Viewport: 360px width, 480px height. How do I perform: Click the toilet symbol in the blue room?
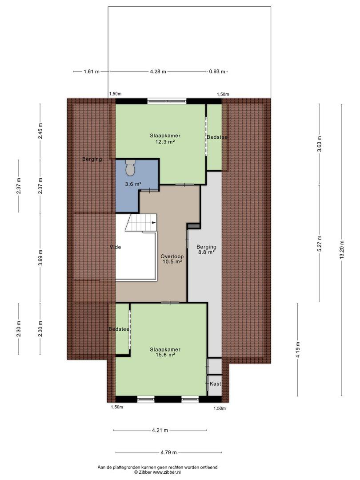[x=130, y=168]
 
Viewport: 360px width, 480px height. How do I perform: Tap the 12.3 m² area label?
[x=165, y=141]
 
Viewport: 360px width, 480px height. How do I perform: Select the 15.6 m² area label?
[x=165, y=355]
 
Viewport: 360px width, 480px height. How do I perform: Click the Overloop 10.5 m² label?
[x=172, y=259]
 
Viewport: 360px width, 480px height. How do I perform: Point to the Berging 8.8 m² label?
[x=206, y=249]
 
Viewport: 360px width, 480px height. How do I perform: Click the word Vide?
[x=116, y=247]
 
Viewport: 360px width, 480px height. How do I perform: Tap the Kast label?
[x=216, y=384]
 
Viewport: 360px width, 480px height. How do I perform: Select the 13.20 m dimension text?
[x=342, y=250]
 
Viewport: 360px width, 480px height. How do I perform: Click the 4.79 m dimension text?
[x=169, y=452]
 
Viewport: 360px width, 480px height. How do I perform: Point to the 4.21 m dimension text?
[x=160, y=430]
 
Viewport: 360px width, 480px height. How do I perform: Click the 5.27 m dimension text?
[x=320, y=244]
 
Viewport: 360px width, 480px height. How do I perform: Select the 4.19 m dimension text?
[x=298, y=349]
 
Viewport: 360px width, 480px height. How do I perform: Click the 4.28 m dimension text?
[x=158, y=72]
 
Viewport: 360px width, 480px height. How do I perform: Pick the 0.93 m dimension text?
[x=217, y=72]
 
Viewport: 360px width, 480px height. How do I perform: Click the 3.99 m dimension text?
[x=40, y=258]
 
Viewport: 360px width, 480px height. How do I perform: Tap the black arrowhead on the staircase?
[x=155, y=223]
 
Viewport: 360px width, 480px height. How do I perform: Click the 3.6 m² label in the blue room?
[x=133, y=184]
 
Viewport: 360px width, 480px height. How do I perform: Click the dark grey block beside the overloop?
[x=193, y=226]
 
